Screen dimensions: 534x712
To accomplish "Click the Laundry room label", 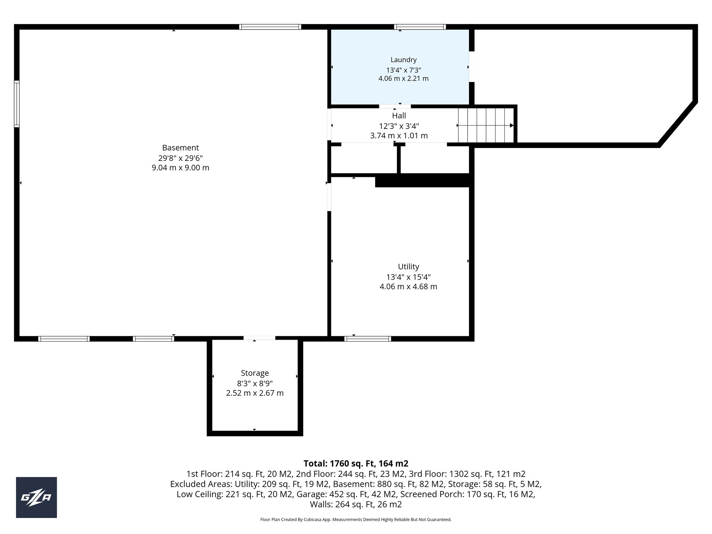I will click(403, 60).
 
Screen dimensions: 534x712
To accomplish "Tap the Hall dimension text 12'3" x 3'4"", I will click(399, 126).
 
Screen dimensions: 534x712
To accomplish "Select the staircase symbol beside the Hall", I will click(485, 125).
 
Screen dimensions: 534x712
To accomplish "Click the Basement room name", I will click(180, 148).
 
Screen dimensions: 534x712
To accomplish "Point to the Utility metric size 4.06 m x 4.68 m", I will click(408, 287).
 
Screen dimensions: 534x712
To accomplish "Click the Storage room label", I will click(255, 373).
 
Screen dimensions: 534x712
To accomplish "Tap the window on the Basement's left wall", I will click(17, 104).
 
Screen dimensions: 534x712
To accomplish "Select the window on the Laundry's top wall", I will click(420, 27).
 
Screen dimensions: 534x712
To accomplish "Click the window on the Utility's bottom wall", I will click(367, 339).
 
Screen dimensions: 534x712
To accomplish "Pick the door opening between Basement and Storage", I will click(259, 338).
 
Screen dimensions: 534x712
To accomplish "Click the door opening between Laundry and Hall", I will click(395, 106).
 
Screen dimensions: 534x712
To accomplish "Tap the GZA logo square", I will click(37, 497).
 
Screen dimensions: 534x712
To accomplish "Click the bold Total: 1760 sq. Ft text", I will click(356, 463).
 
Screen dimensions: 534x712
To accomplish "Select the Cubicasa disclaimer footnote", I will click(356, 519).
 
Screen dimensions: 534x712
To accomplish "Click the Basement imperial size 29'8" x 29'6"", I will click(180, 158).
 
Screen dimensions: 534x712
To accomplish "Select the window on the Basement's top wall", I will click(270, 27).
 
